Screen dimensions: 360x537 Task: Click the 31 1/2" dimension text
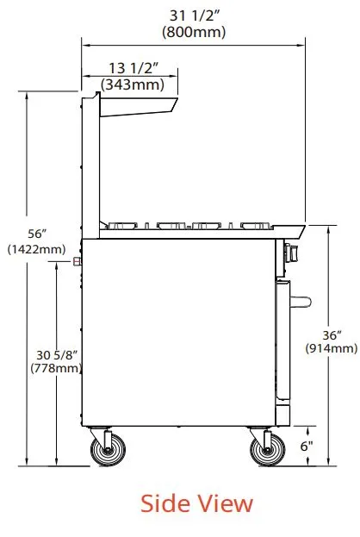(195, 16)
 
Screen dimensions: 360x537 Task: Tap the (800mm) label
(194, 32)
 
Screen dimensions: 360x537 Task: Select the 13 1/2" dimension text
(133, 68)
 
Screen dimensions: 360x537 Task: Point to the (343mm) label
(133, 84)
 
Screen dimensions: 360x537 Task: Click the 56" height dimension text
(37, 234)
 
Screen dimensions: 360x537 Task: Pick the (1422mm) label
(37, 249)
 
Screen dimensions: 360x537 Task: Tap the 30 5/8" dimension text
(57, 355)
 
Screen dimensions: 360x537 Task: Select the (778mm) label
(56, 369)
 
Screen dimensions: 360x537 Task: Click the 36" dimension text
(332, 335)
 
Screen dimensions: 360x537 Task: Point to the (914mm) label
(332, 348)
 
